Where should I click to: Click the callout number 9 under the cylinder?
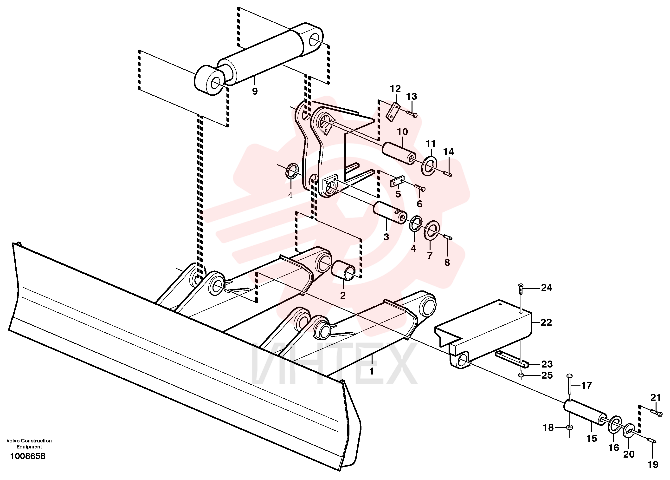[x=255, y=91]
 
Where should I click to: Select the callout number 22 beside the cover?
[x=546, y=322]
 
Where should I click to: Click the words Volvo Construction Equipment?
[x=29, y=444]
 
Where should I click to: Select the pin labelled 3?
[x=390, y=212]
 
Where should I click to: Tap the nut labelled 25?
[x=521, y=375]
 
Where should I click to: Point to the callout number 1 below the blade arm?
[x=372, y=371]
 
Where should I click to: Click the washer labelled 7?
[x=432, y=230]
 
